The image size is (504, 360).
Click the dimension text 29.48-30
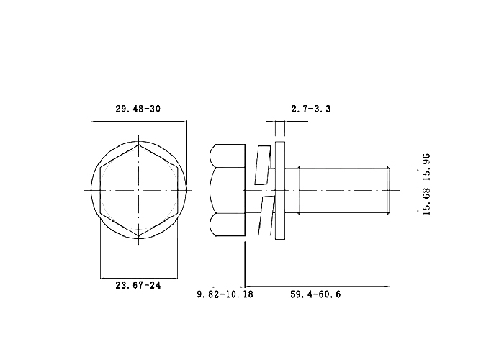point(138,109)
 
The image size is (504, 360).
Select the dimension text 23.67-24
point(138,285)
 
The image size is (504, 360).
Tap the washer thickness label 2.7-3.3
point(311,109)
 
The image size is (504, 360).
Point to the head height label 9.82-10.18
point(225,294)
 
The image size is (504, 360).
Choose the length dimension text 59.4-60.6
point(315,294)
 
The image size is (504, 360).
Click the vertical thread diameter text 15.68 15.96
point(426,184)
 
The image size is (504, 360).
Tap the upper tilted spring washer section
point(264,165)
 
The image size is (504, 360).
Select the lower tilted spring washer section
point(266,215)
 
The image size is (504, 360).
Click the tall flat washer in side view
point(280,190)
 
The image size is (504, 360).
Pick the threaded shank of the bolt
point(343,190)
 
